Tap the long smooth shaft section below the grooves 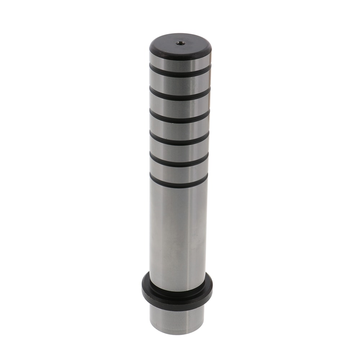(178, 234)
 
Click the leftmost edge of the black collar (143, 286)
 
